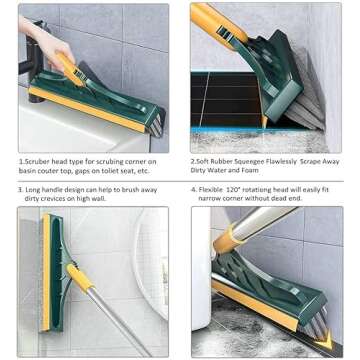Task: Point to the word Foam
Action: click(x=288, y=170)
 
